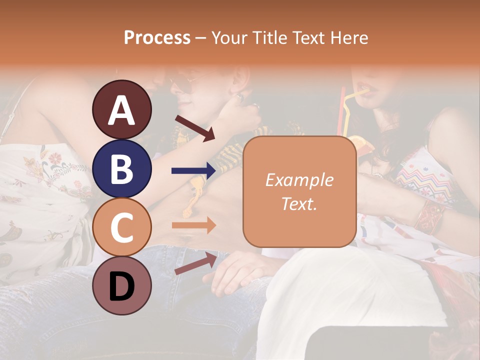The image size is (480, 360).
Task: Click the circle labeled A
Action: point(121,109)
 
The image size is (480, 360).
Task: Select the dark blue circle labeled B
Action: point(121,168)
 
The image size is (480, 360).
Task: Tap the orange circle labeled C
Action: point(121,227)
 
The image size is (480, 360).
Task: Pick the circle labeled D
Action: point(121,285)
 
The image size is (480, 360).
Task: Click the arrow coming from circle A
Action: point(194,128)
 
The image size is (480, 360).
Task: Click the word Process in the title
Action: point(157,37)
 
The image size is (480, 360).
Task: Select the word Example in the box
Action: point(299,180)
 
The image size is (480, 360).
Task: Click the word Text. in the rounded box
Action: point(299,203)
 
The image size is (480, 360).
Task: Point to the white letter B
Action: point(121,168)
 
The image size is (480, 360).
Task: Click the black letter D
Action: point(121,285)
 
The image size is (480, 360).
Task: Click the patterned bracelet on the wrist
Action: point(429,216)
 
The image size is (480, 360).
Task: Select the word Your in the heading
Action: point(228,37)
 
